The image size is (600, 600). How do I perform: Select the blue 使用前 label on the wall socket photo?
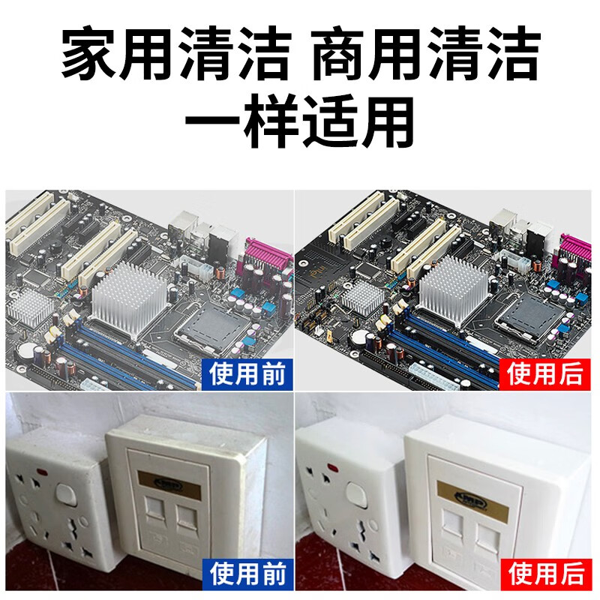tap(249, 574)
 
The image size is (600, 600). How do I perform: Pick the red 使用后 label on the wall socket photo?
tap(545, 574)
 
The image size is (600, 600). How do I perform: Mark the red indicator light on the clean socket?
tap(331, 470)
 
